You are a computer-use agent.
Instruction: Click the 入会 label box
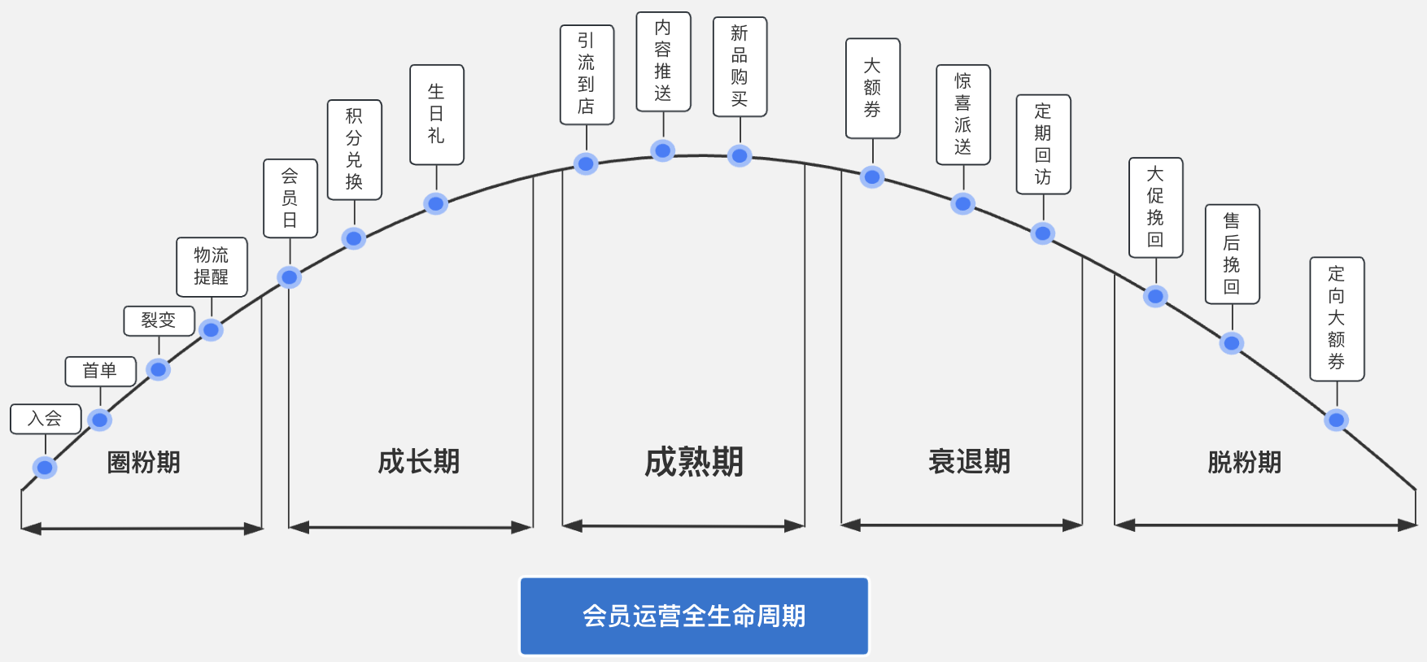coord(46,419)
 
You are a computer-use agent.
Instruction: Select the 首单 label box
coord(100,371)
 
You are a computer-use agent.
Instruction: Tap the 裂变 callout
coord(159,320)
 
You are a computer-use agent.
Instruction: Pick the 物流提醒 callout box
coord(212,267)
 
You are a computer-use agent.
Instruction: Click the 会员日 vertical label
coord(290,198)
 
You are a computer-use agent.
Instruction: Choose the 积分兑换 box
coord(354,150)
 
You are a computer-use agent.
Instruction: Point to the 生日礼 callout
coord(437,115)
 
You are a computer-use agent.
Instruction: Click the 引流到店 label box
coord(587,75)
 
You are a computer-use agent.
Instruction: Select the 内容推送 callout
coord(663,62)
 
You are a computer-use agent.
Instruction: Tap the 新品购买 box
coord(740,67)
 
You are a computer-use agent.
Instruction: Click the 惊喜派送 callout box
coord(963,115)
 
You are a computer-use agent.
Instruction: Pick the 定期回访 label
coord(1043,145)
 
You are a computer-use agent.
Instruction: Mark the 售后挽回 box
coord(1232,255)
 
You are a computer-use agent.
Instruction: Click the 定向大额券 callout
coord(1337,319)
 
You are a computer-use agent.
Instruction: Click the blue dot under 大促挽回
coord(1155,296)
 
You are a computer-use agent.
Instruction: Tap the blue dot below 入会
coord(45,468)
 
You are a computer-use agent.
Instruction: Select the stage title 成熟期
coord(694,462)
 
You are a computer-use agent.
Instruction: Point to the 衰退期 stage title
coord(969,462)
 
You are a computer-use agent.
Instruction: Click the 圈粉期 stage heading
coord(144,462)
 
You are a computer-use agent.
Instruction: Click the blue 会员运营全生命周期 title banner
coord(694,616)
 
